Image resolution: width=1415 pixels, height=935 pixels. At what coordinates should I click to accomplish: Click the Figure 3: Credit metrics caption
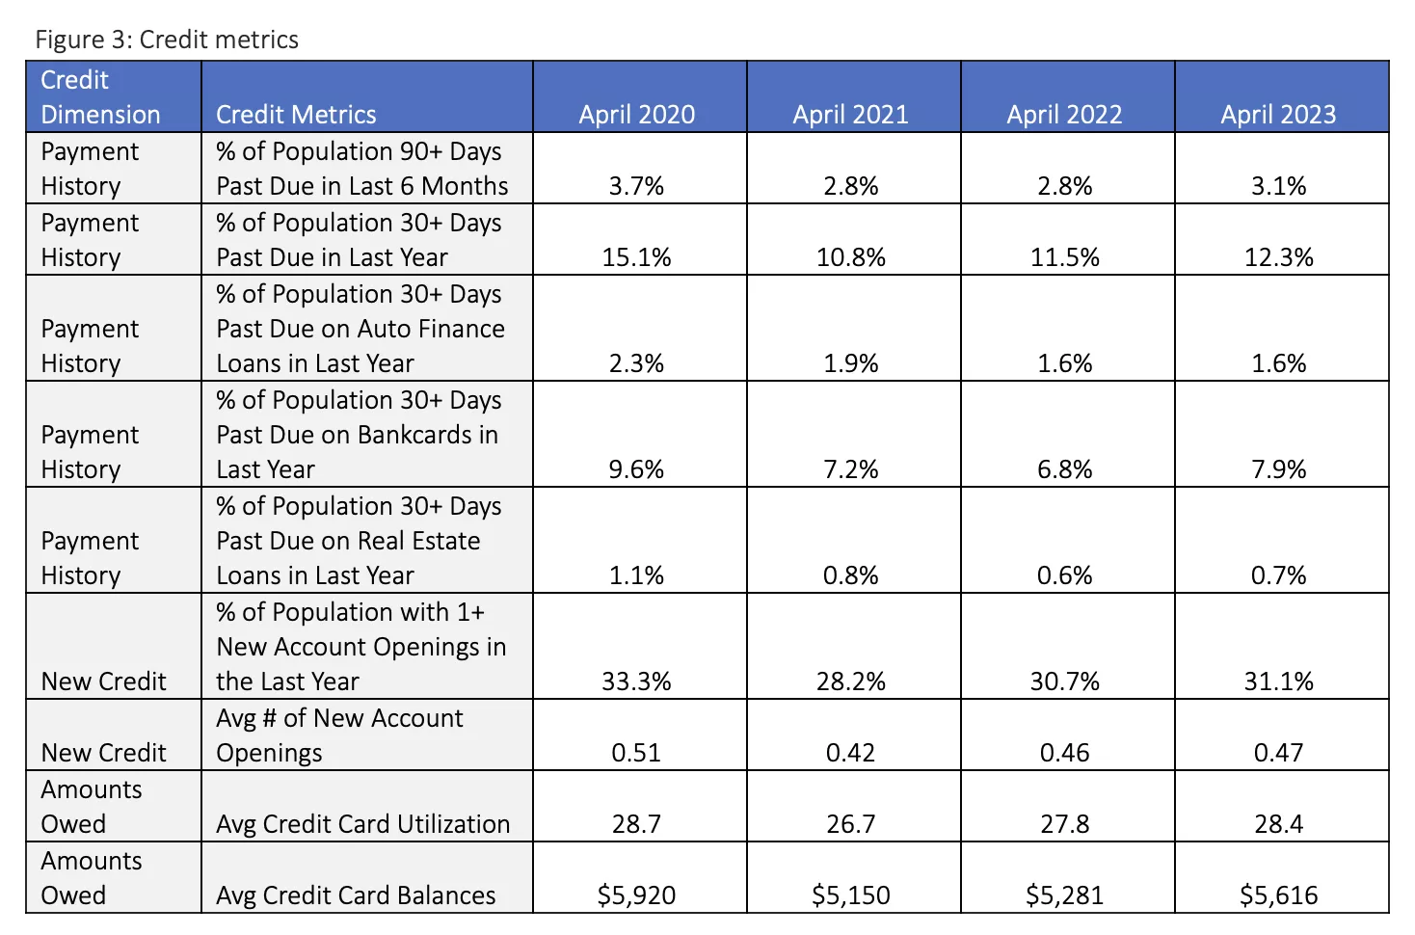coord(167,40)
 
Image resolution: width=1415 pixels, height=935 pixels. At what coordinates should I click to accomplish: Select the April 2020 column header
coord(636,115)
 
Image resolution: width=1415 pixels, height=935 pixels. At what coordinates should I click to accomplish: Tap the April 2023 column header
coord(1278,115)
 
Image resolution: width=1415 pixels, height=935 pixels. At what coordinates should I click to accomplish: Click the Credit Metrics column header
coord(296,115)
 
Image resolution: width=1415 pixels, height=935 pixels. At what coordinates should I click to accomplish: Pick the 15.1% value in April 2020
coord(636,257)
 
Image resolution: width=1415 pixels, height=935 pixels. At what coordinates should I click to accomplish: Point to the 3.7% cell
coord(636,186)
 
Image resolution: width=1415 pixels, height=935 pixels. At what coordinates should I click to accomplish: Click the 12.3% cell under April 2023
coord(1278,257)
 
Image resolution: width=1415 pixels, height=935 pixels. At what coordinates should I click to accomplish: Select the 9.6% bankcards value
coord(636,469)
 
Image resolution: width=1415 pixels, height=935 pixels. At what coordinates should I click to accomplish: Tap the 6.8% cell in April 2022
coord(1064,469)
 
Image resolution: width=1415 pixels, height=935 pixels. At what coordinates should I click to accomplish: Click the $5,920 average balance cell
coord(636,895)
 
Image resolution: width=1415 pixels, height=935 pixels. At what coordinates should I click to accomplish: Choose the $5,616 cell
coord(1278,895)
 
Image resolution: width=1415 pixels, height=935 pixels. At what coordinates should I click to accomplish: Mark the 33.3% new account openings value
coord(636,681)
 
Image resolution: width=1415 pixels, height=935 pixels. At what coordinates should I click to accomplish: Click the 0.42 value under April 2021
coord(850,753)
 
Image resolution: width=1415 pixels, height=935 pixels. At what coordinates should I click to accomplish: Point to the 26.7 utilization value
coord(850,824)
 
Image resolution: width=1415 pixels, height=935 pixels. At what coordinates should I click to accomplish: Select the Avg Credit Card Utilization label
coord(362,824)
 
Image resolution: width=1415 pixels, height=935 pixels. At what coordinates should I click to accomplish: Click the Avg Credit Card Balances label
coord(356,895)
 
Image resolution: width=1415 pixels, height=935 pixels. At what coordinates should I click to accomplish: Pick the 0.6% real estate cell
coord(1064,575)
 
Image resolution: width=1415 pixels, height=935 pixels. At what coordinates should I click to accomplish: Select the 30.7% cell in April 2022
coord(1064,681)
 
